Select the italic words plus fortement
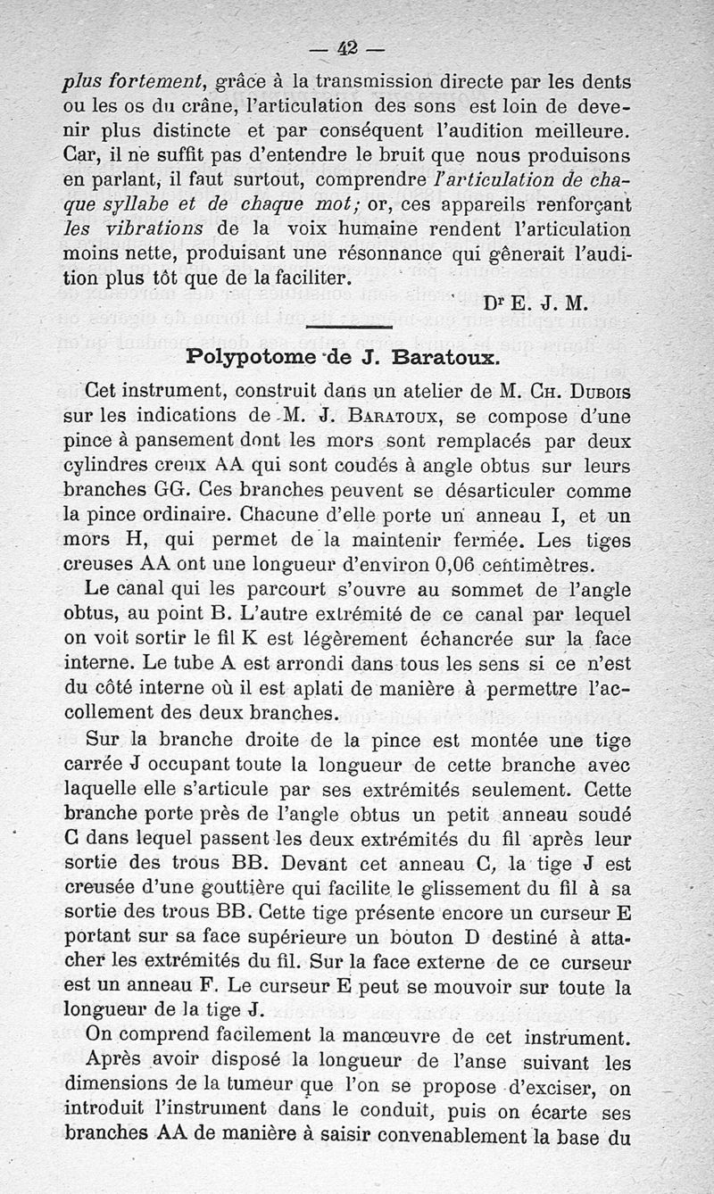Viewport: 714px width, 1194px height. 135,82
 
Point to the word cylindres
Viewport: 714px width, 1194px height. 104,467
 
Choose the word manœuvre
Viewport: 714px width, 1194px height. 380,1038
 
